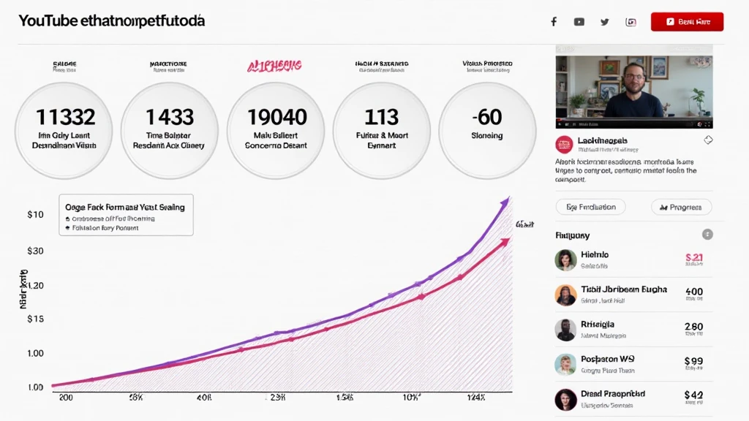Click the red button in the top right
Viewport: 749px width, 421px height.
click(x=687, y=22)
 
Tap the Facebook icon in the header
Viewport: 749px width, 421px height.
click(x=554, y=22)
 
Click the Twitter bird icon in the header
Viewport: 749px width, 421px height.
click(x=604, y=22)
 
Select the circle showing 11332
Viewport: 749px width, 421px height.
click(x=64, y=131)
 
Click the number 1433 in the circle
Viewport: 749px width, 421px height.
click(x=169, y=117)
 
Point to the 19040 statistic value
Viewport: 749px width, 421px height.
click(x=276, y=117)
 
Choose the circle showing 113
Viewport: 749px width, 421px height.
click(x=382, y=131)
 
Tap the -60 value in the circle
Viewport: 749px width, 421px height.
click(x=486, y=117)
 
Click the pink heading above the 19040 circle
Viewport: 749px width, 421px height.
click(x=274, y=67)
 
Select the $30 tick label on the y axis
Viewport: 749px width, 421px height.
click(x=35, y=251)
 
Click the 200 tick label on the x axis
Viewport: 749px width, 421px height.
click(x=66, y=398)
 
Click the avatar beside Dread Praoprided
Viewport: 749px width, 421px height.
click(x=565, y=399)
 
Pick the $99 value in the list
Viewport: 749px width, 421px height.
click(x=693, y=361)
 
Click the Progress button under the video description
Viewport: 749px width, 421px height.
click(x=681, y=207)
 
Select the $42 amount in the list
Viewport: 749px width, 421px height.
click(x=693, y=395)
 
